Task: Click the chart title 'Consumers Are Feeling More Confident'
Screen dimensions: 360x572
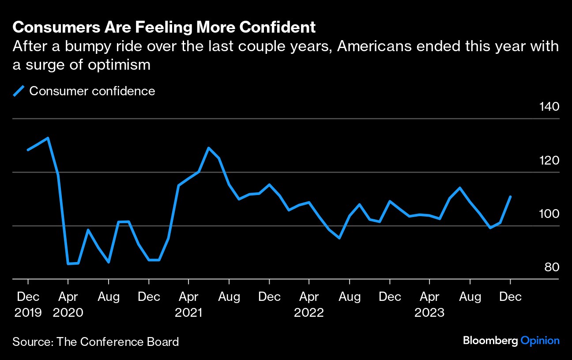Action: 164,27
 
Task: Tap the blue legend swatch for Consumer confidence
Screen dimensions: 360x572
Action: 19,91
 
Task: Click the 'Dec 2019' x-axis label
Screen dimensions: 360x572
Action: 28,304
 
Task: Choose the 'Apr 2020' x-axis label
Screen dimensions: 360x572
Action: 68,304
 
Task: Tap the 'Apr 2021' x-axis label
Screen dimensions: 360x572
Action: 188,304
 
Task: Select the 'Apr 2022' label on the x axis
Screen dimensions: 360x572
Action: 309,304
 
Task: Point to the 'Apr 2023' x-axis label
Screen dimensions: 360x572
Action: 429,304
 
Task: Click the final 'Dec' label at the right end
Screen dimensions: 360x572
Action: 511,296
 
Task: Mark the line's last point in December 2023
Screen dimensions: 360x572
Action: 511,197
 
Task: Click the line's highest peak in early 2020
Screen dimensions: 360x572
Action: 48,138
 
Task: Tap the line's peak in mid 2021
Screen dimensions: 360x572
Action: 208,148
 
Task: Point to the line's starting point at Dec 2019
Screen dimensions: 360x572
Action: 28,150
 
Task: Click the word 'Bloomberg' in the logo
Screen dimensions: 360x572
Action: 490,341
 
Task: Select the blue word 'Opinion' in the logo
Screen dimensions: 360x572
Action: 540,341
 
